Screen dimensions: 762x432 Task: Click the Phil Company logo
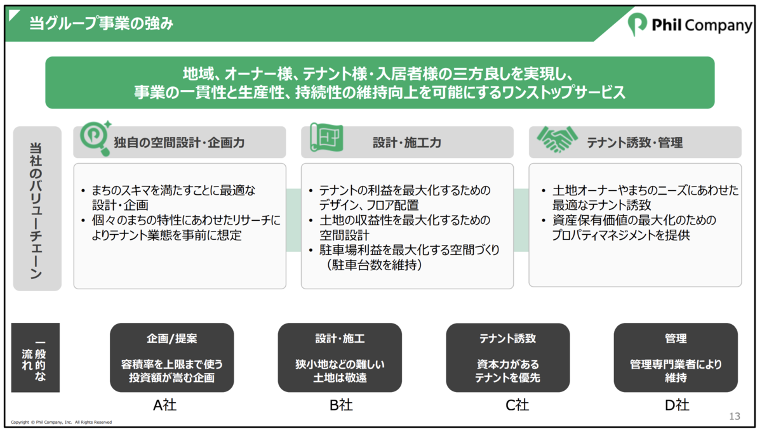690,25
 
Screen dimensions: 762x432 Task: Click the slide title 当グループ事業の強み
102,23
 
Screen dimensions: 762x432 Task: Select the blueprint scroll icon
326,137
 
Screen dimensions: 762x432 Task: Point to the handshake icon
557,139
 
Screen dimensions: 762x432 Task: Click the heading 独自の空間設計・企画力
179,143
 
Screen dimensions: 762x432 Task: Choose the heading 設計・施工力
407,143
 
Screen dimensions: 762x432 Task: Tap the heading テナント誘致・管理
635,143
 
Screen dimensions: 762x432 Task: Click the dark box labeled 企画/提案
172,358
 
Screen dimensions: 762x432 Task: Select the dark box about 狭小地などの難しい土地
340,358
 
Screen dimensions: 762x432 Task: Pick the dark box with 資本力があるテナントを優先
508,358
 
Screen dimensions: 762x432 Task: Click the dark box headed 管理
676,358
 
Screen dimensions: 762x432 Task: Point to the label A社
165,405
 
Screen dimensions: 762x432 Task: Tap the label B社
341,405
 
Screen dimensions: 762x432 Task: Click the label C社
517,405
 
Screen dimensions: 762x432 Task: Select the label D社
677,405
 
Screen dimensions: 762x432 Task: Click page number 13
735,416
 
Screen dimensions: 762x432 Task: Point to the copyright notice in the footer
61,422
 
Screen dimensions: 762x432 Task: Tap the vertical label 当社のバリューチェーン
36,211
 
